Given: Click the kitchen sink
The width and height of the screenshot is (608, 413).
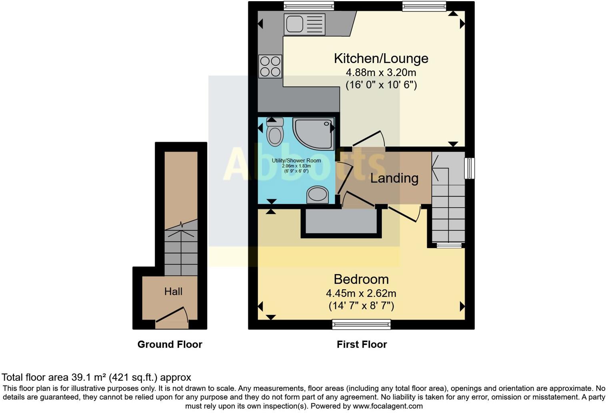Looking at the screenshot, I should [x=304, y=24].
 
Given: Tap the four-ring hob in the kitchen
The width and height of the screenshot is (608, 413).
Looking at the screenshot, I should [x=270, y=66].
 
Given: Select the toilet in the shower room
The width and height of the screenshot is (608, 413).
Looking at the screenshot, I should [x=275, y=132].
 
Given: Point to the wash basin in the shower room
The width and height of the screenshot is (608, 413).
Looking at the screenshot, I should [x=317, y=195].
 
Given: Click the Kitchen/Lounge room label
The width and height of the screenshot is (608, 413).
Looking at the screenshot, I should [x=381, y=58].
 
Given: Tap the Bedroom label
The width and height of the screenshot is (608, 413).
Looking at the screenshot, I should [x=361, y=279].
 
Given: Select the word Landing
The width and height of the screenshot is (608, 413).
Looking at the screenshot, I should [x=394, y=178].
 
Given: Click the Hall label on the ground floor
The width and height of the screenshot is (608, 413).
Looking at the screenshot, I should [x=173, y=291].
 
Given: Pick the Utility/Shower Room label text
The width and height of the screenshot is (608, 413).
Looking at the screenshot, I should [x=296, y=160].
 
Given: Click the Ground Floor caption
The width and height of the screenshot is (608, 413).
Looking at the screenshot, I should [x=170, y=345].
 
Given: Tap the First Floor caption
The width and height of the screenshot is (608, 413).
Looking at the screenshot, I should [x=362, y=345].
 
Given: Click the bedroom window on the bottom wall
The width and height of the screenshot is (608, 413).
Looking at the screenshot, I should [x=361, y=324].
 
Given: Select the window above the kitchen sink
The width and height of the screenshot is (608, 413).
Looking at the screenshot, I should [x=308, y=6].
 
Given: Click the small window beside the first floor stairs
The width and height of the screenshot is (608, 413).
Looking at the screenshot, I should [x=470, y=168].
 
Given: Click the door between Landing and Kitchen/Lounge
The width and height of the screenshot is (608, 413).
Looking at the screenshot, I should [x=368, y=139].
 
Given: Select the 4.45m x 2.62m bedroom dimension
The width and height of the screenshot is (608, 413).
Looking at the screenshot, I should [x=361, y=293].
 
